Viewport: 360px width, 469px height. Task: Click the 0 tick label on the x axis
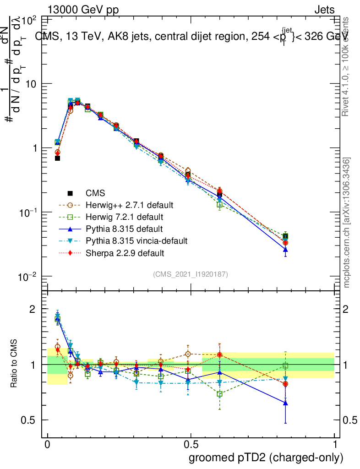(48, 445)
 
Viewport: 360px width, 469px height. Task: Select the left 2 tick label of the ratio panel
(33, 309)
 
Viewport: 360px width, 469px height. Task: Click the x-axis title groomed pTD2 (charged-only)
(266, 458)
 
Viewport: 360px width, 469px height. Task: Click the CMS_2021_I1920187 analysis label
(191, 274)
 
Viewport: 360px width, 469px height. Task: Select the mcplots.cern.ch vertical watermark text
(347, 222)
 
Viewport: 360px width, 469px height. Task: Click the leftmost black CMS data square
(57, 158)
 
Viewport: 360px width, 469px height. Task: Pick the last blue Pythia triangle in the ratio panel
(285, 403)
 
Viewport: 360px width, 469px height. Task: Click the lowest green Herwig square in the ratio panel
(220, 394)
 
